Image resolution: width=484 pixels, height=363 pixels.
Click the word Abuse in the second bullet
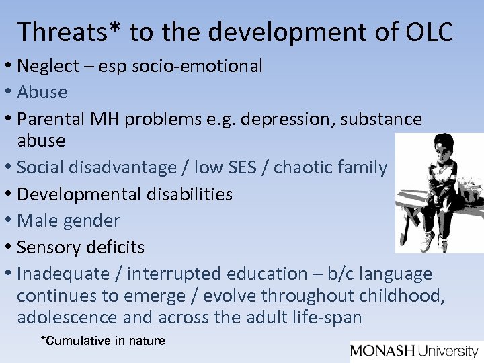click(x=42, y=92)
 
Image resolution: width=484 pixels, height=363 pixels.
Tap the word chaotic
click(x=306, y=167)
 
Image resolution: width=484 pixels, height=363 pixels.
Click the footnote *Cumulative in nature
click(x=103, y=341)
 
